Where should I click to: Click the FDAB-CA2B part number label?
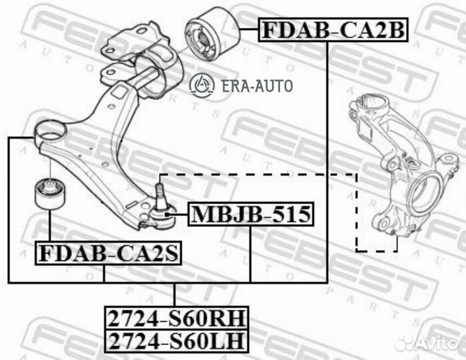[332, 29]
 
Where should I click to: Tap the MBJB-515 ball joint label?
[250, 215]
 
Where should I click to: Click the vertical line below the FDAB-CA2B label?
[327, 160]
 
